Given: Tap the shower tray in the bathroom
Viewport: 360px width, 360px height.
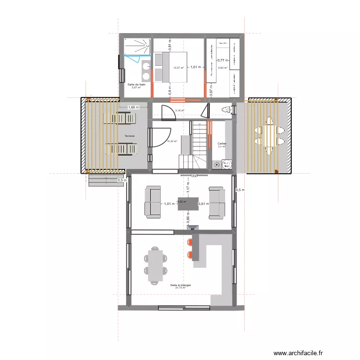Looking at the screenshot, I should click(137, 46).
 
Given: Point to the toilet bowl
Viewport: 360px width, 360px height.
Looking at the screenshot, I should click(226, 110).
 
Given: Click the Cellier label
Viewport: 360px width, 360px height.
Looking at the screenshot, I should click(222, 144).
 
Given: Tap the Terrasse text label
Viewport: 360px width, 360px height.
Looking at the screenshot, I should click(129, 136).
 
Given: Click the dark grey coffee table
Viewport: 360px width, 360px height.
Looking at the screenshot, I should click(188, 204).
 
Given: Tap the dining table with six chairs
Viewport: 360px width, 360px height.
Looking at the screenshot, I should click(155, 265).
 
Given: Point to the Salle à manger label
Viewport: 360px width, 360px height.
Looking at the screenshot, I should click(180, 285).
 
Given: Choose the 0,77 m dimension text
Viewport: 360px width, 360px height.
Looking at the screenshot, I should click(222, 60).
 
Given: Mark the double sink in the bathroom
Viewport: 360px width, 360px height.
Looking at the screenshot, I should click(146, 70).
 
